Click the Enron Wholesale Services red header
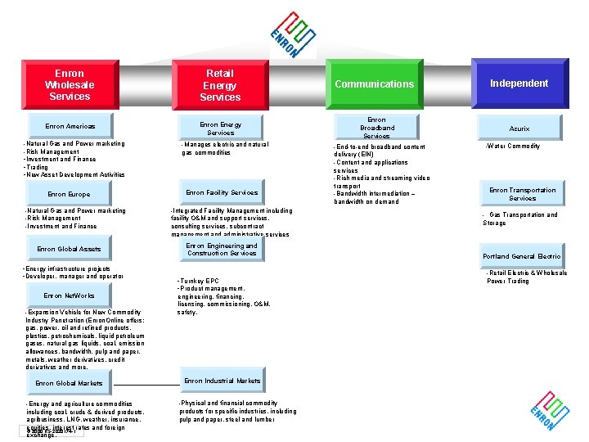click(69, 85)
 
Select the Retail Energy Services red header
click(220, 85)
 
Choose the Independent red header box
click(519, 83)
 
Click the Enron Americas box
click(70, 127)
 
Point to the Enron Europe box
click(69, 195)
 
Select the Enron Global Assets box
click(69, 250)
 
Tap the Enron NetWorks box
click(69, 295)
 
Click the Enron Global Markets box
click(69, 383)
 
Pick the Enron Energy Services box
click(221, 129)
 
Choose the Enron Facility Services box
click(222, 193)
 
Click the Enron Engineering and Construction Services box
click(222, 250)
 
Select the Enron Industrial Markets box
click(222, 381)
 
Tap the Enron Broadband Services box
click(376, 128)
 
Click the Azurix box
click(519, 129)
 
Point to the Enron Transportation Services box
click(522, 194)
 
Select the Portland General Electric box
click(521, 256)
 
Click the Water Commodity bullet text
click(514, 147)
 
